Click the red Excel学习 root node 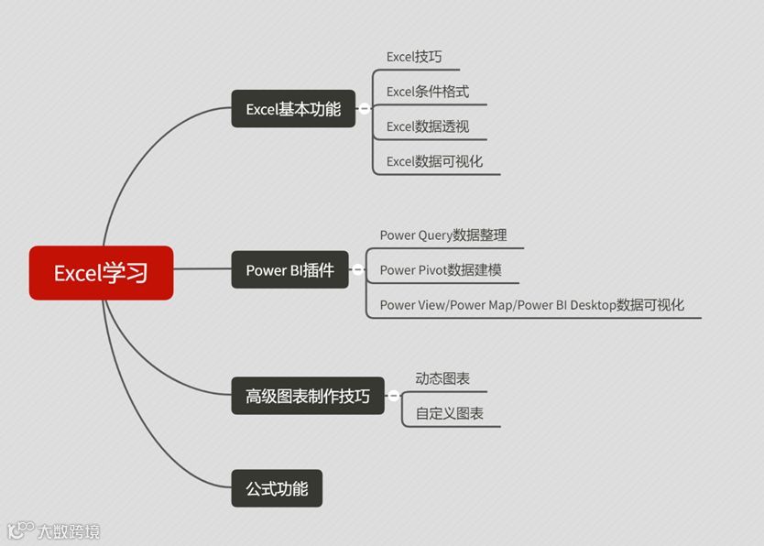point(101,272)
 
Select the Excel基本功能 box point(293,109)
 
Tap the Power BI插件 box point(289,270)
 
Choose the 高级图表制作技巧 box point(308,396)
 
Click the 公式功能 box point(277,488)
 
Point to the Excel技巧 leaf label point(414,57)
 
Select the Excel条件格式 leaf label point(428,92)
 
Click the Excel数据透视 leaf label point(428,126)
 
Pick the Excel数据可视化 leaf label point(434,161)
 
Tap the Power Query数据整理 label point(443,235)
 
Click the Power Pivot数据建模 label point(441,269)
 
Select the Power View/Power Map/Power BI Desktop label point(532,304)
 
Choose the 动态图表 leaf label point(442,378)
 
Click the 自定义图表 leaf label point(450,413)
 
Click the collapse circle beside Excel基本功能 point(365,109)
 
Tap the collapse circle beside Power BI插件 point(358,270)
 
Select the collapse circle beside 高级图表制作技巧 point(394,396)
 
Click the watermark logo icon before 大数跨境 point(20,530)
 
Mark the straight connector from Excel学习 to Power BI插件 point(202,270)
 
